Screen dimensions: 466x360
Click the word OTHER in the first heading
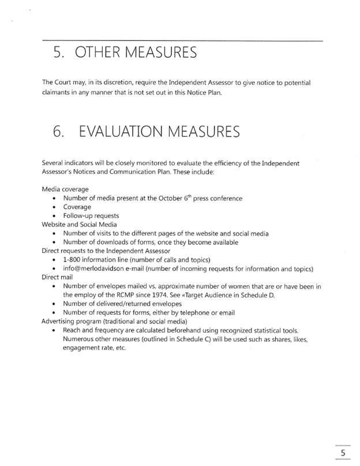pyautogui.click(x=98, y=54)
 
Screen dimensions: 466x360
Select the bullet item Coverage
pyautogui.click(x=77, y=207)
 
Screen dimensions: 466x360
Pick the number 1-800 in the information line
pyautogui.click(x=74, y=260)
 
